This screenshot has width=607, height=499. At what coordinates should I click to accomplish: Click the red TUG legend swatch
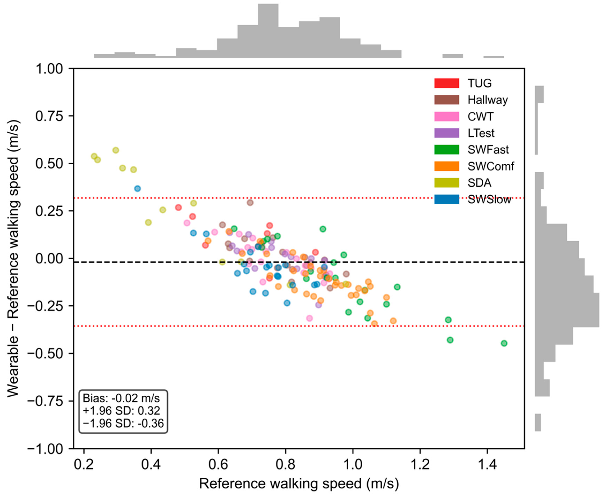[x=446, y=83]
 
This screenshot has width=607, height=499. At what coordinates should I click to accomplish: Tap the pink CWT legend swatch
[x=446, y=116]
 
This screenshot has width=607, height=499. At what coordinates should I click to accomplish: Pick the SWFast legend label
[x=488, y=149]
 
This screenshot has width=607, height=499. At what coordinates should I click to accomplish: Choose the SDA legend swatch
[x=446, y=183]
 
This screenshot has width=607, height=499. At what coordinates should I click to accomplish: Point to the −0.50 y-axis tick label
[x=45, y=354]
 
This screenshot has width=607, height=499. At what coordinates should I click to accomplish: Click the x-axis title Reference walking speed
[x=299, y=484]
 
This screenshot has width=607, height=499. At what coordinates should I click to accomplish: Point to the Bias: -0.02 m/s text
[x=121, y=398]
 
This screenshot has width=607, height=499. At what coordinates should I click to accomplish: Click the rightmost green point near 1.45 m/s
[x=504, y=343]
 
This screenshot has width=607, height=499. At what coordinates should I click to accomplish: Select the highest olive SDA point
[x=116, y=150]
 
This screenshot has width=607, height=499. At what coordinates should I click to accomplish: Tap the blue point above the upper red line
[x=138, y=189]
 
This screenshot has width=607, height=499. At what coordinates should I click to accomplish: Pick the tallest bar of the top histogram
[x=268, y=31]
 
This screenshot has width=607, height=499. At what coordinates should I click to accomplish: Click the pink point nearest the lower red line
[x=310, y=318]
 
